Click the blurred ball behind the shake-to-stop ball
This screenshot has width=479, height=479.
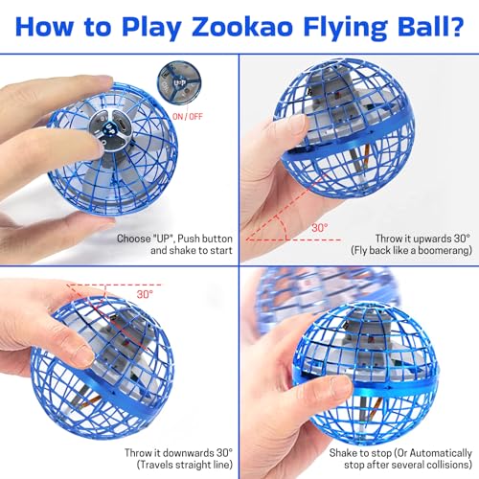[x=316, y=287]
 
